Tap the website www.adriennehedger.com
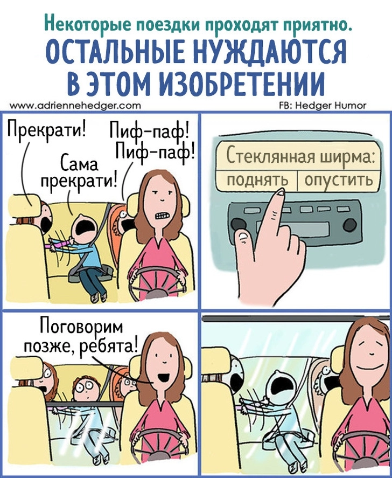pyautogui.click(x=75, y=106)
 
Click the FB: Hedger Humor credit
pyautogui.click(x=323, y=106)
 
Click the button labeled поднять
pyautogui.click(x=257, y=181)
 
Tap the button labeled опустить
pyautogui.click(x=338, y=181)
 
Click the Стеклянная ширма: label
pyautogui.click(x=300, y=156)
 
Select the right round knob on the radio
pyautogui.click(x=349, y=225)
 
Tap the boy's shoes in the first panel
pyautogui.click(x=100, y=296)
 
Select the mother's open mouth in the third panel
pyautogui.click(x=164, y=377)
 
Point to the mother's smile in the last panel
pyautogui.click(x=372, y=365)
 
